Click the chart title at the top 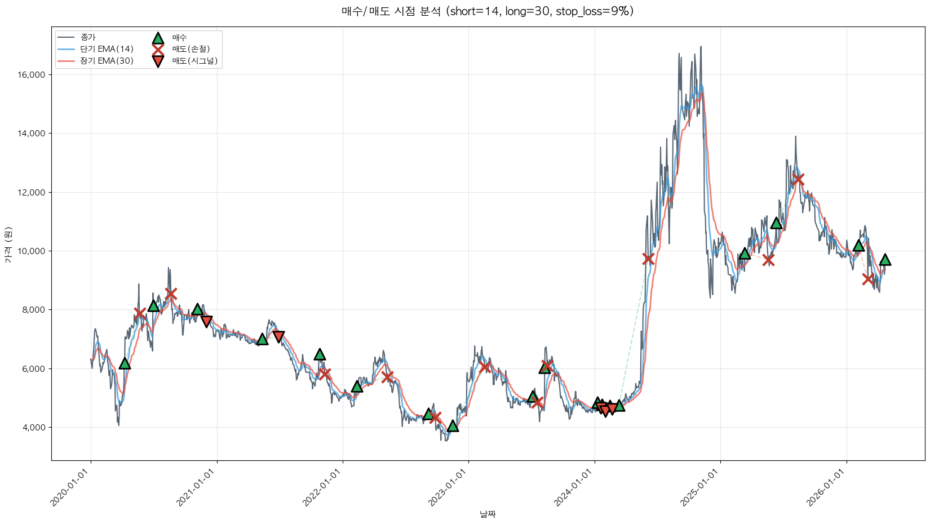click(488, 11)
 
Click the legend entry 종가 click(88, 37)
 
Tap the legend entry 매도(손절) click(191, 49)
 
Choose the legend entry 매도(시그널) click(194, 61)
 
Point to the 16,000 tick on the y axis click(33, 75)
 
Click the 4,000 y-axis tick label click(34, 428)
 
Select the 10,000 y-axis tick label click(33, 251)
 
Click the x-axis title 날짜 click(488, 514)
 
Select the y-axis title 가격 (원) click(8, 245)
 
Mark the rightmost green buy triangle click(885, 259)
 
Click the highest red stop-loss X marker click(798, 179)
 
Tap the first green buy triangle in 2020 click(125, 363)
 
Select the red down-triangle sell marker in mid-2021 click(278, 336)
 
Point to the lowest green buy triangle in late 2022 click(453, 426)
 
